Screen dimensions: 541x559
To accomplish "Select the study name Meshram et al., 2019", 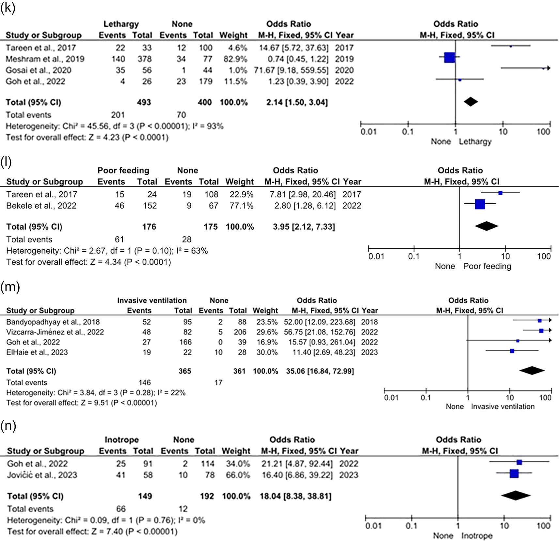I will pos(45,59).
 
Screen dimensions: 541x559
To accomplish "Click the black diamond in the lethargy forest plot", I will pos(471,102).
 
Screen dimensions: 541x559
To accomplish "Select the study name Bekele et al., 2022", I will pos(41,206).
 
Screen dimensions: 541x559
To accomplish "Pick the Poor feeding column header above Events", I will pos(123,170).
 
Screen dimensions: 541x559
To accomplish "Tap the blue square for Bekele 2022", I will pos(480,204).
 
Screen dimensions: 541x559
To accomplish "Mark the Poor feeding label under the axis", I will pos(487,266).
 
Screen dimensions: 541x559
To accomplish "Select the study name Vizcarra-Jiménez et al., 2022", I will pos(55,332).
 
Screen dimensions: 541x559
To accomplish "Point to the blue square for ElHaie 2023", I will pos(512,351).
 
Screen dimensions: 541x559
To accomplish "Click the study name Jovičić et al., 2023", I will pos(42,475).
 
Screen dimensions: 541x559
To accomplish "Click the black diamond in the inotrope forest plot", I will pos(516,495).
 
